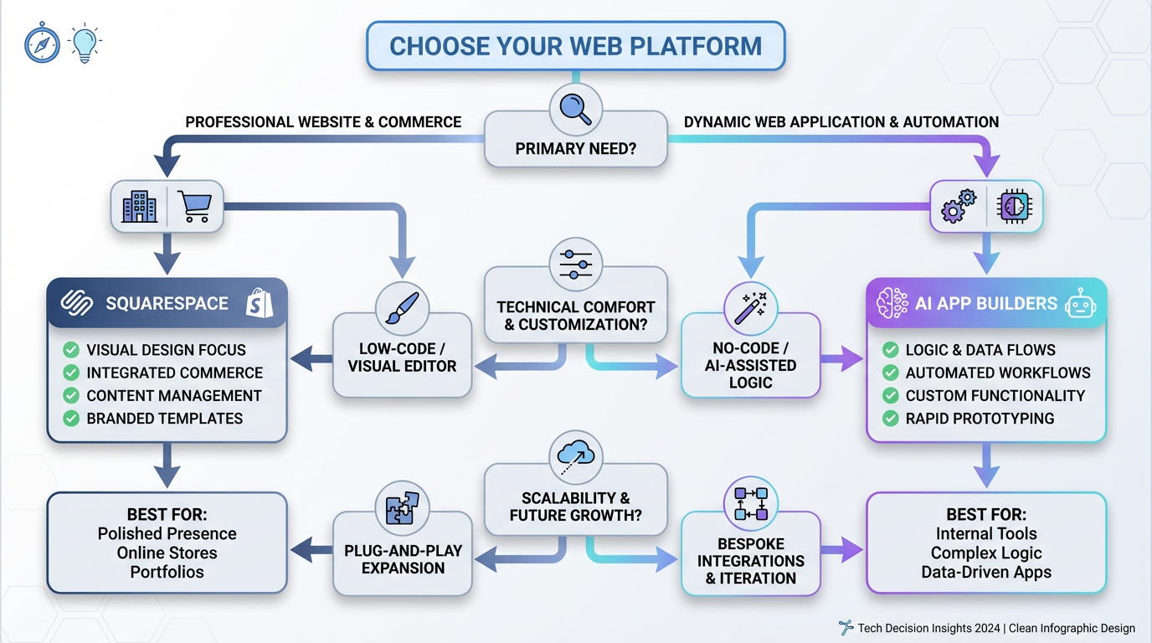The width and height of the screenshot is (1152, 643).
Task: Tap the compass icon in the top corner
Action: [x=43, y=44]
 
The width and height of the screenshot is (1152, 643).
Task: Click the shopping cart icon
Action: [x=194, y=206]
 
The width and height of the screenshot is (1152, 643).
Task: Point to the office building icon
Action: [x=139, y=206]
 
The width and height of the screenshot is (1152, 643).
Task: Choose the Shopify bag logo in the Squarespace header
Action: [x=260, y=303]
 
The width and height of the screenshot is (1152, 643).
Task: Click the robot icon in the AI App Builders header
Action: [x=1080, y=303]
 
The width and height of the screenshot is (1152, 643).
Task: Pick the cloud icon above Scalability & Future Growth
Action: [x=575, y=456]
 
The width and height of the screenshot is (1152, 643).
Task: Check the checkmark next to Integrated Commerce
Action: [x=71, y=373]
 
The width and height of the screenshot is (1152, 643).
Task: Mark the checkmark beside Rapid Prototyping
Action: [x=890, y=419]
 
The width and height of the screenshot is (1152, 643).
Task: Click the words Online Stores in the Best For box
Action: [x=167, y=553]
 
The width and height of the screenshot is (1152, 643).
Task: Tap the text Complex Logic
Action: [x=985, y=553]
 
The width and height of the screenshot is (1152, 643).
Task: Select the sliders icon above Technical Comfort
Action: [x=575, y=264]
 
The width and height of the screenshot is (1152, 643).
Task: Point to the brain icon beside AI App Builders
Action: [x=892, y=303]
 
